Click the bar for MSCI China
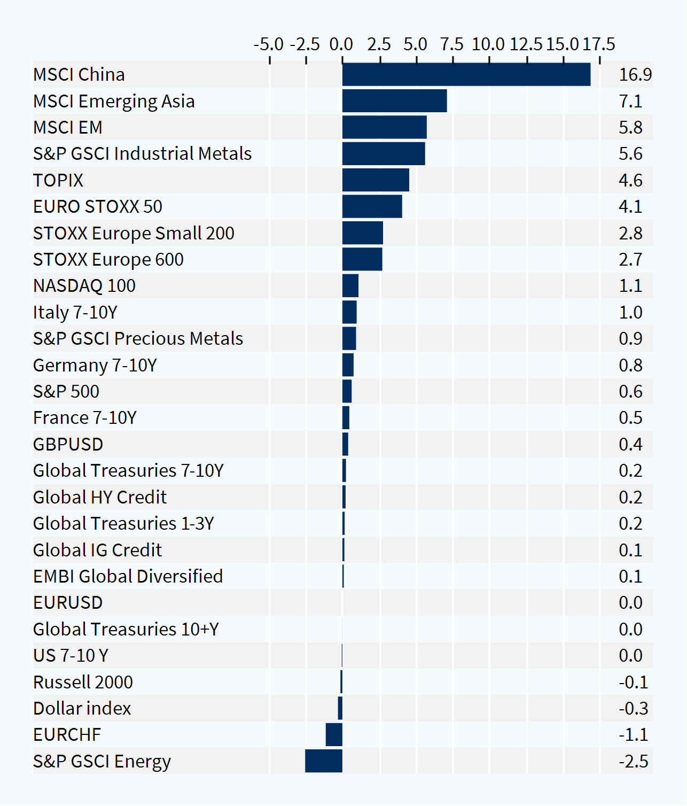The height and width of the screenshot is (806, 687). point(466,74)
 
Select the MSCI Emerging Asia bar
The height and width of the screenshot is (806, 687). point(395,101)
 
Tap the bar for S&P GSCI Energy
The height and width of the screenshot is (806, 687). point(324,761)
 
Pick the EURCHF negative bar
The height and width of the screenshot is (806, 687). point(334,734)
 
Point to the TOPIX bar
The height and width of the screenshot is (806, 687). point(376,180)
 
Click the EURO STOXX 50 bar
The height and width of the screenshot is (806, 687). point(372,206)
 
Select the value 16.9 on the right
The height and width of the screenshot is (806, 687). point(635,74)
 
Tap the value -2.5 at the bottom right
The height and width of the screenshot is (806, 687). point(634,761)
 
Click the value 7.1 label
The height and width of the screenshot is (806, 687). point(630,102)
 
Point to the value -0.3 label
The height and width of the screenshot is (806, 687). point(634,708)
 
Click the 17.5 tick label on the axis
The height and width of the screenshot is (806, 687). point(599,44)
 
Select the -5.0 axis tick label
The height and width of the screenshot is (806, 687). point(269,44)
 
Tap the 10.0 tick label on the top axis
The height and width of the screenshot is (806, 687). point(488,44)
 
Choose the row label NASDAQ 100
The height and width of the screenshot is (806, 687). point(84,286)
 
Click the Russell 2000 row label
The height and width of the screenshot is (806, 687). point(83,682)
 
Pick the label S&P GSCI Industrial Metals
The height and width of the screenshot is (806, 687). point(142,153)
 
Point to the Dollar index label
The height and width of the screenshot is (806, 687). point(82,708)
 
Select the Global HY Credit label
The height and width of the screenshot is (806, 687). point(100,497)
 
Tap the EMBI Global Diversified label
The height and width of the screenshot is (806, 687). point(128,576)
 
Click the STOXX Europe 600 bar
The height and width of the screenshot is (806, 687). point(362,259)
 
